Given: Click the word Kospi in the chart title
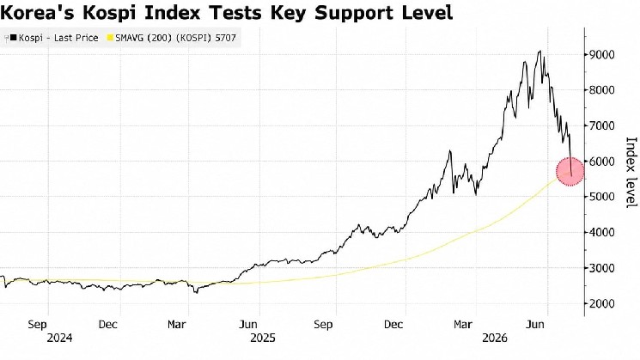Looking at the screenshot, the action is (x=110, y=12).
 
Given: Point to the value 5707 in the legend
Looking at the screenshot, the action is (x=225, y=38).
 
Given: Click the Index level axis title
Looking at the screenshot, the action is (x=631, y=172).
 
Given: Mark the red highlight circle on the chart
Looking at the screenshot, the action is (x=570, y=172).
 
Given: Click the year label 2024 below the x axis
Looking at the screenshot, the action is (x=59, y=338).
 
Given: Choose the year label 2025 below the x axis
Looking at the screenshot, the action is (x=263, y=338).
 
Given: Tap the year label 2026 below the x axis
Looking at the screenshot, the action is (x=495, y=338).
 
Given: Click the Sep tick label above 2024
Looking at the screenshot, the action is (x=37, y=325).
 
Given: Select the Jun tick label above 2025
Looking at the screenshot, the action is (x=248, y=325).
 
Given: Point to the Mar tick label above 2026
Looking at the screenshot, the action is (x=463, y=325).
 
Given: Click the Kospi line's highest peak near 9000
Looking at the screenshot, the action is (x=540, y=52).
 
